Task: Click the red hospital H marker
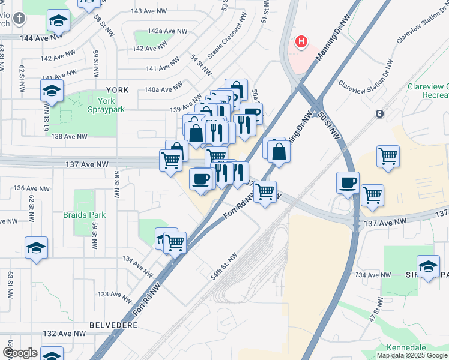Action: [301, 42]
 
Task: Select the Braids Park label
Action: [84, 215]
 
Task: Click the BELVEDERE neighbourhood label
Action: [113, 325]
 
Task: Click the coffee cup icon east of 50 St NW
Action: [348, 182]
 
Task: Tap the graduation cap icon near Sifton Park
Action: [428, 266]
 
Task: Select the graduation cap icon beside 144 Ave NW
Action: [58, 22]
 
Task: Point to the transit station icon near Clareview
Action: [379, 113]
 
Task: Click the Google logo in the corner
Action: [20, 353]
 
